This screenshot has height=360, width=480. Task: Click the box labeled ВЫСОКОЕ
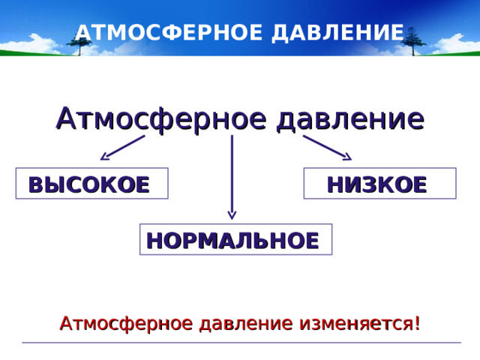pyautogui.click(x=91, y=183)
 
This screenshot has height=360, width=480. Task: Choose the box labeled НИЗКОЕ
pyautogui.click(x=379, y=183)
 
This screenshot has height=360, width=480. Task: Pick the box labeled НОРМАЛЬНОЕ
pyautogui.click(x=235, y=239)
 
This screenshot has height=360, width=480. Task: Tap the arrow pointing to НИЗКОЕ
pyautogui.click(x=327, y=148)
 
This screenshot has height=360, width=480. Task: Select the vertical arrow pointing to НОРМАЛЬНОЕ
pyautogui.click(x=232, y=176)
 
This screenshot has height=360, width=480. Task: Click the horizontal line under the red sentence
pyautogui.click(x=240, y=343)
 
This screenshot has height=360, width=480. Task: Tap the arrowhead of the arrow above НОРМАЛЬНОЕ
pyautogui.click(x=232, y=215)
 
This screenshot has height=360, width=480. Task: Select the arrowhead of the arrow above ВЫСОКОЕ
pyautogui.click(x=105, y=157)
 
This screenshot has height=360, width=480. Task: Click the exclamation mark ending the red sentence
pyautogui.click(x=416, y=324)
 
